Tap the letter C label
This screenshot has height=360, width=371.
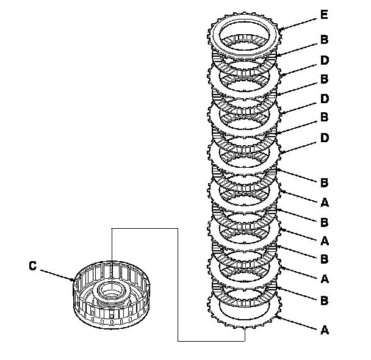(33, 265)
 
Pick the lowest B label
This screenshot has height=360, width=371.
(324, 300)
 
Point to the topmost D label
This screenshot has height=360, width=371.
(324, 61)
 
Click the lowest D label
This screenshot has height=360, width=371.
(324, 138)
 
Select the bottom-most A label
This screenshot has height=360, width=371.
(324, 330)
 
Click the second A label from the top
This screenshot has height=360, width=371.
(324, 240)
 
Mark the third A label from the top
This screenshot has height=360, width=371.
(324, 279)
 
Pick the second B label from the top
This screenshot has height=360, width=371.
(324, 80)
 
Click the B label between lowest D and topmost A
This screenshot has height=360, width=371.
(324, 182)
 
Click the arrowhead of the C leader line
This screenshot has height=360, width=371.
(73, 280)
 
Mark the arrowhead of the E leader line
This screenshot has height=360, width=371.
(280, 29)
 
